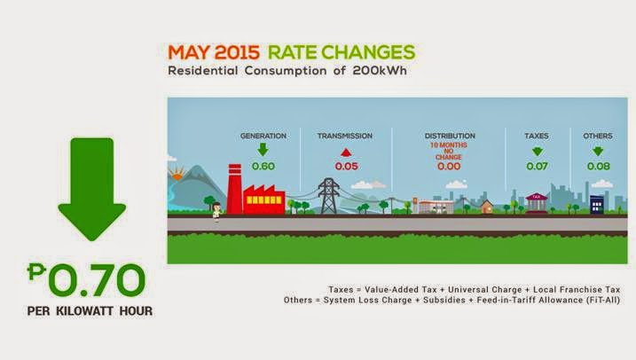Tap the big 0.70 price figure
pos(86,280)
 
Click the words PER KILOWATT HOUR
pos(90,311)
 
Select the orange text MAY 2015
pos(214,52)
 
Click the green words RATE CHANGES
pos(342,52)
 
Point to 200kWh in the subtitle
pos(380,71)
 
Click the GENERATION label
pos(263,136)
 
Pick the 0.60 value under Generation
pos(263,166)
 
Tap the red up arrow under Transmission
pos(346,152)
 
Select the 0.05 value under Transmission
pos(347,166)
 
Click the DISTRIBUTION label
pos(450,136)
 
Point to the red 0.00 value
pos(449,166)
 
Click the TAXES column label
pos(537,136)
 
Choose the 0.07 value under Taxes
pos(537,166)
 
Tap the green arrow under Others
pos(598,152)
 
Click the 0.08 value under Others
pos(599,166)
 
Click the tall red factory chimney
pos(234,189)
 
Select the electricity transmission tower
pos(328,196)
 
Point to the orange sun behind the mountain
pos(177,176)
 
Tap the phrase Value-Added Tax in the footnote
pos(401,290)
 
